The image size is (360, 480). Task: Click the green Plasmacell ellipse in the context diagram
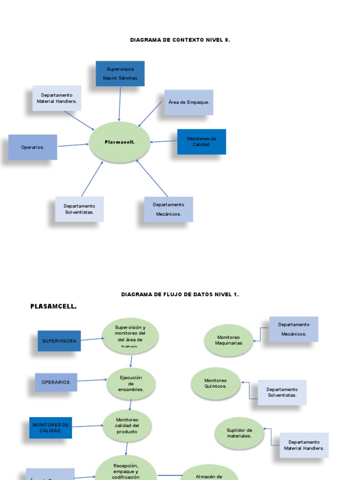(120, 142)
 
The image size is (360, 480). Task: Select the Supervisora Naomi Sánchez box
(120, 74)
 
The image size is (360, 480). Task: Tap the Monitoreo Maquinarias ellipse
(229, 340)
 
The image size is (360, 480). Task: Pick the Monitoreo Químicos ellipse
(216, 383)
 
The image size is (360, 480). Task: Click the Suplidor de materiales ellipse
(239, 433)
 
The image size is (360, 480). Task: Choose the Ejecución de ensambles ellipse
(131, 383)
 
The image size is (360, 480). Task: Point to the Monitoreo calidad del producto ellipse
(127, 426)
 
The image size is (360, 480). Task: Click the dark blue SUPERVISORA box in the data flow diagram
(59, 341)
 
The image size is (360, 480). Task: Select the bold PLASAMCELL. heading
(53, 307)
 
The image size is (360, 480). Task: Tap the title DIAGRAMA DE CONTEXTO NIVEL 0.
(180, 40)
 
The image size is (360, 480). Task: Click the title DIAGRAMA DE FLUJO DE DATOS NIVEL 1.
(180, 294)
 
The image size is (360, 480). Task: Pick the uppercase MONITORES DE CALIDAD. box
(51, 427)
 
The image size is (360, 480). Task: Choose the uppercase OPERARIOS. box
(56, 382)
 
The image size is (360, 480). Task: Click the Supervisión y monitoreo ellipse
(130, 336)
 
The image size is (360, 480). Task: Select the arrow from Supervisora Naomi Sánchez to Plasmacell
(120, 104)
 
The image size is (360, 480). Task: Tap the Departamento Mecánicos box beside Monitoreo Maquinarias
(294, 329)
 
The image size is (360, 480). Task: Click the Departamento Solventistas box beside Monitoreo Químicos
(282, 392)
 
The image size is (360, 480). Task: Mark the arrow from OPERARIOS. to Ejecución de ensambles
(92, 380)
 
